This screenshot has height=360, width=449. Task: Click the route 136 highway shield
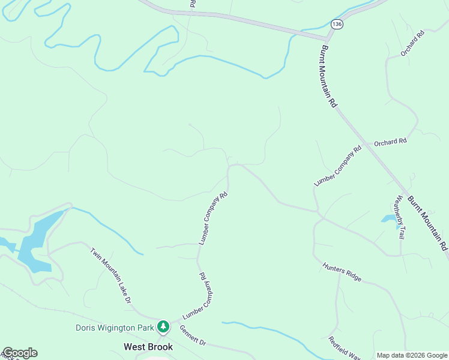click(337, 24)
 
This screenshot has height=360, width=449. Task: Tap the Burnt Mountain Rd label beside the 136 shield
click(330, 76)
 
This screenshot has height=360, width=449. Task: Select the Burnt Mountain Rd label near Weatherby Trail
click(428, 223)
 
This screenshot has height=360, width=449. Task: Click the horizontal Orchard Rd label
click(390, 142)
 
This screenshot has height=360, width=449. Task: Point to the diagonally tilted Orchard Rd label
click(413, 43)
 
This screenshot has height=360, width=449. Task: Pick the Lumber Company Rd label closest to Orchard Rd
click(338, 165)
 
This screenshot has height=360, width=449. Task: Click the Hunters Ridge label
click(342, 272)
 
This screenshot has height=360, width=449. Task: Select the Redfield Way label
click(343, 347)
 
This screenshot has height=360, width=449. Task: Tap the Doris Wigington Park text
click(114, 327)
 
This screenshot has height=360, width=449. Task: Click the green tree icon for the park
click(163, 327)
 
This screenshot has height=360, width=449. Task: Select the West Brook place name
click(148, 347)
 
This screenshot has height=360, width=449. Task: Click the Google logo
click(20, 353)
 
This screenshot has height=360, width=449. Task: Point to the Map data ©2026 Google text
click(412, 355)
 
